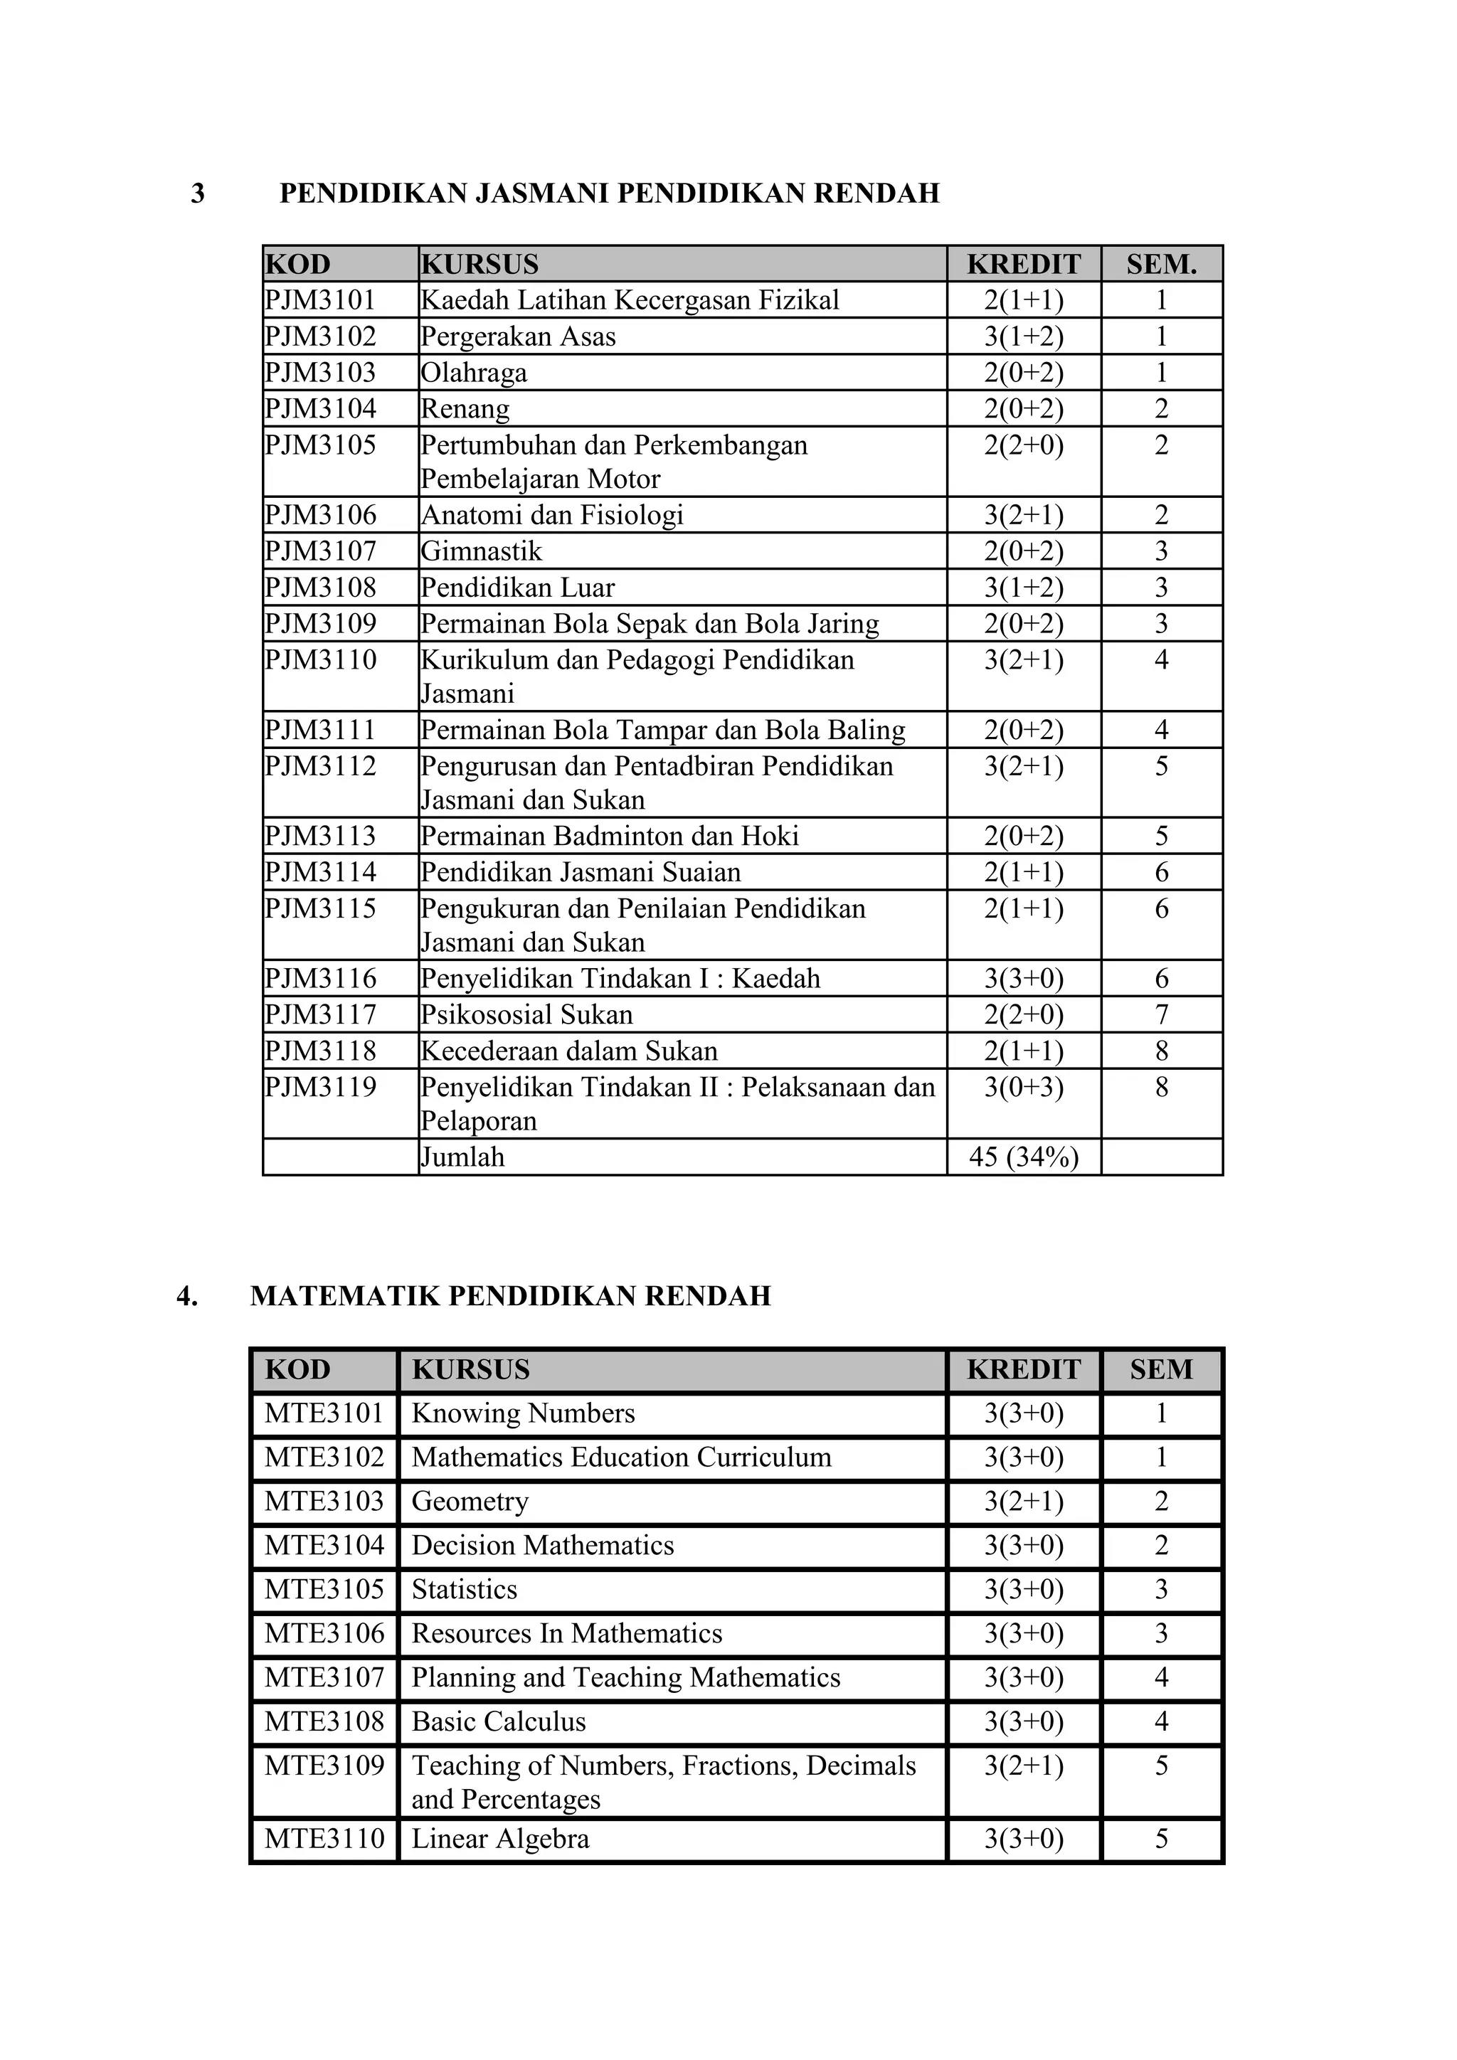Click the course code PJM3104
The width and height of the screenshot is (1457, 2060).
tap(319, 409)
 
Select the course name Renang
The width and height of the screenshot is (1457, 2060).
tap(465, 409)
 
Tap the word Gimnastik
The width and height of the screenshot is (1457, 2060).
tap(481, 551)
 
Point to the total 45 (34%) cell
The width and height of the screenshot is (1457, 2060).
tap(1024, 1157)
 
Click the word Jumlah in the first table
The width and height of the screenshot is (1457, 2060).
tap(463, 1157)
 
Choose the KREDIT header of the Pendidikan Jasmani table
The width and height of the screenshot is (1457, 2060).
tap(1024, 265)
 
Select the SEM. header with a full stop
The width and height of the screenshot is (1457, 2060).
tap(1162, 265)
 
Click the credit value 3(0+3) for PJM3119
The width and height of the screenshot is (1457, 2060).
tap(1024, 1088)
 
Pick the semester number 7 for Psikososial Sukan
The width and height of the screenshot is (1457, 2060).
tap(1162, 1015)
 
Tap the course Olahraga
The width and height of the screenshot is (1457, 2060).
tap(474, 372)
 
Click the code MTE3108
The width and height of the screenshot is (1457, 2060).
tap(324, 1721)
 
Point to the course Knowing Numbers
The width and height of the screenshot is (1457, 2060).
tap(523, 1414)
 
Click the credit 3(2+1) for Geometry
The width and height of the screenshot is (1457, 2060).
tap(1024, 1502)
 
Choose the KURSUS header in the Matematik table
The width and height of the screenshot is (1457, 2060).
tap(471, 1370)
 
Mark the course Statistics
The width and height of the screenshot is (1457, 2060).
tap(465, 1590)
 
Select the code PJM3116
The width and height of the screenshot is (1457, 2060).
tap(319, 979)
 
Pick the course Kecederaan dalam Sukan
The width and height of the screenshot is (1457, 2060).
tap(569, 1051)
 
